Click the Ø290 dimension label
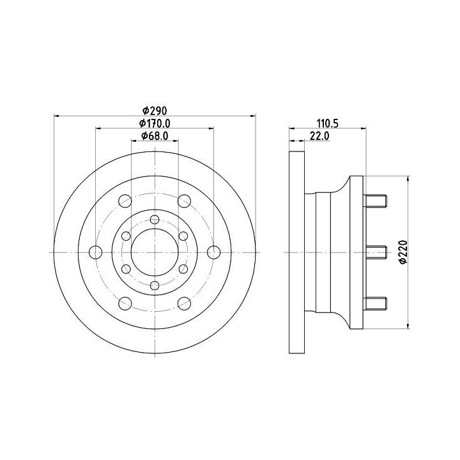click(x=155, y=111)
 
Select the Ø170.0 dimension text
click(x=155, y=123)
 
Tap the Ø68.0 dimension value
click(x=155, y=135)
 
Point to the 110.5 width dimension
click(x=327, y=123)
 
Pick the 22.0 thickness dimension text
click(x=319, y=135)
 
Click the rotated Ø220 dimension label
click(x=404, y=252)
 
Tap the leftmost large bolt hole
click(x=95, y=252)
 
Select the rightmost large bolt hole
click(x=214, y=252)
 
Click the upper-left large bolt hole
click(x=125, y=201)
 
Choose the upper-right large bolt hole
click(x=184, y=201)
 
